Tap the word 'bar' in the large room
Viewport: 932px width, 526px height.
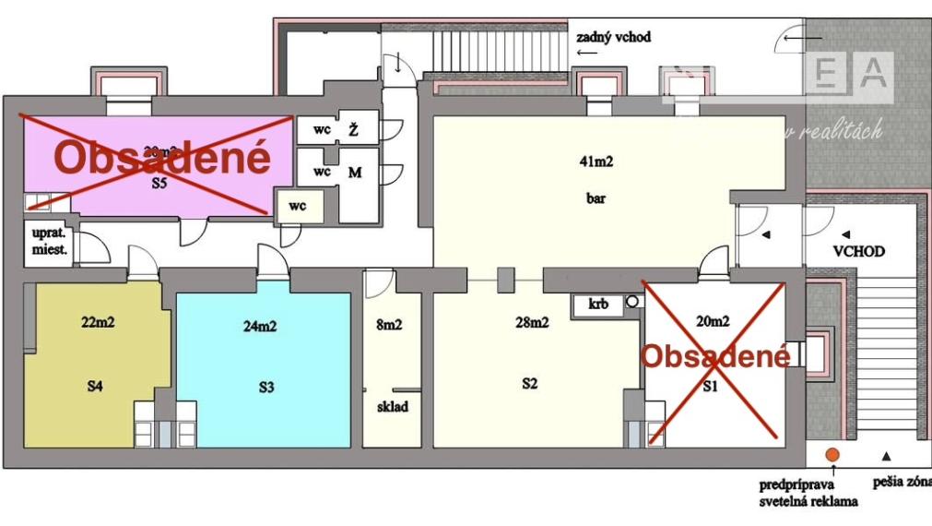[596, 197]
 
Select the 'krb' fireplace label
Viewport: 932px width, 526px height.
[599, 304]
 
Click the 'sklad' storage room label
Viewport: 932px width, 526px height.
[392, 406]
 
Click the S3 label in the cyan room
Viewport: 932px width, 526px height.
[265, 388]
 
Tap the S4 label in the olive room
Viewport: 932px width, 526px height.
[94, 386]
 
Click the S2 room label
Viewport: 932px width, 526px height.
[529, 384]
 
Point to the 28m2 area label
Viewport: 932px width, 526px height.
[532, 322]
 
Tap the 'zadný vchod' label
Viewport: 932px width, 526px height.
[613, 38]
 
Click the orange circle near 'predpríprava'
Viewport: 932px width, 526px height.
[832, 455]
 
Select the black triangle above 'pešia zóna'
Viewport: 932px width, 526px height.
[886, 455]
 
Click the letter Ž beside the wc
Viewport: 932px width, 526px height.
[352, 130]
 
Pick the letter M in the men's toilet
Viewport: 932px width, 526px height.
[353, 173]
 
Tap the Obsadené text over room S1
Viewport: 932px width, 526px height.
[715, 356]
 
